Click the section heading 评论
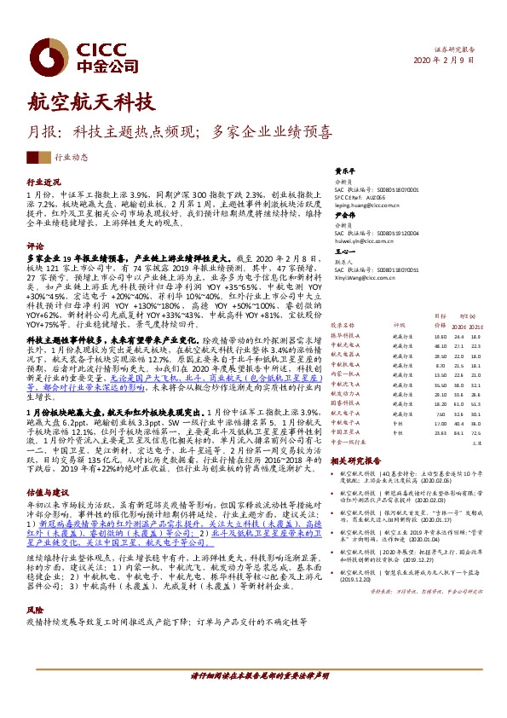(35, 245)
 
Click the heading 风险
(35, 611)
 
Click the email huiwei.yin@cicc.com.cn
(365, 240)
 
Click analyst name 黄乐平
(343, 170)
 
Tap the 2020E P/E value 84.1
(460, 433)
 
